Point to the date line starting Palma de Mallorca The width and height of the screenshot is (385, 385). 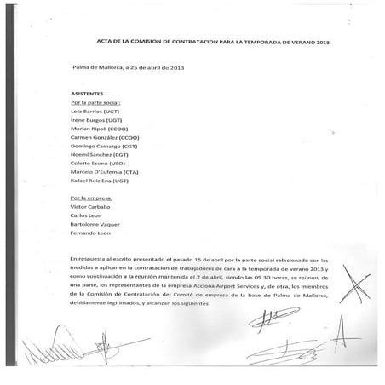click(128, 66)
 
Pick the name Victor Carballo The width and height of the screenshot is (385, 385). click(91, 207)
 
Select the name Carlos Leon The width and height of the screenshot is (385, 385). click(86, 215)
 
